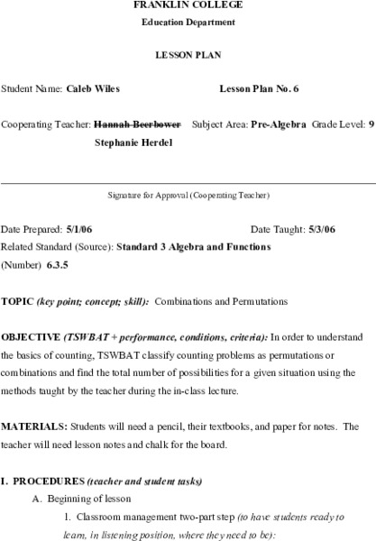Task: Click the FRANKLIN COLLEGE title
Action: [x=188, y=5]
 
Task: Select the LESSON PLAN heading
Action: [x=188, y=55]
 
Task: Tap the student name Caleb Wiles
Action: [x=93, y=90]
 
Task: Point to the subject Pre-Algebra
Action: [x=279, y=125]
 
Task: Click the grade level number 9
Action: [x=371, y=125]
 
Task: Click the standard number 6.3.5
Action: [x=58, y=264]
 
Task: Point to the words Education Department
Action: [x=188, y=22]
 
